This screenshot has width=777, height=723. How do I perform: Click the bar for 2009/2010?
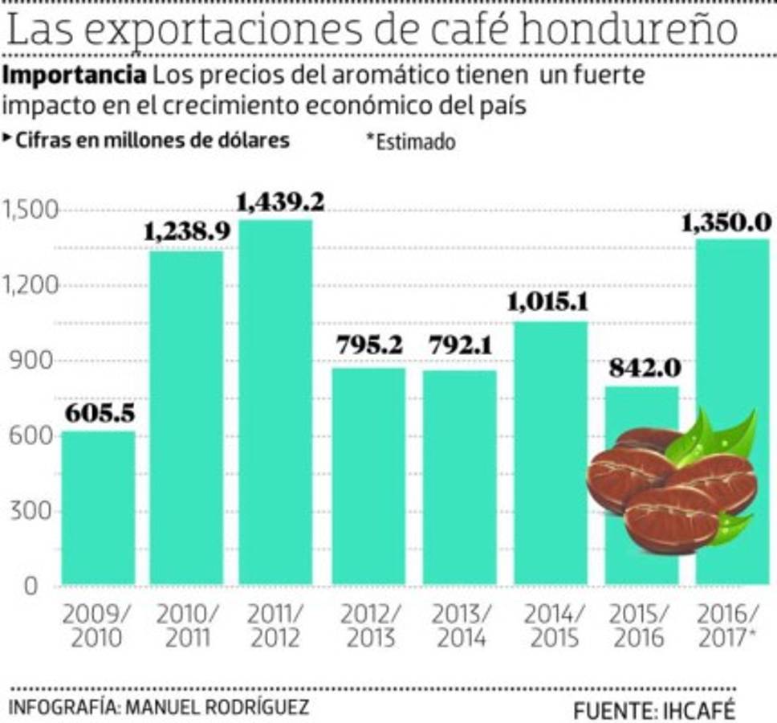pyautogui.click(x=98, y=508)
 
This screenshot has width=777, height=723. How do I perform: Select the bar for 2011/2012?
pyautogui.click(x=275, y=402)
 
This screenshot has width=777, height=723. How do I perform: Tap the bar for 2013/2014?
pyautogui.click(x=460, y=477)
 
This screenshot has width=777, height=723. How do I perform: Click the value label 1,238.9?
pyautogui.click(x=187, y=232)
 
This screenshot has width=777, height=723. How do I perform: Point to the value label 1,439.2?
pyautogui.click(x=280, y=202)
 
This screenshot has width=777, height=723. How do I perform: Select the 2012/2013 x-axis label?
pyautogui.click(x=368, y=626)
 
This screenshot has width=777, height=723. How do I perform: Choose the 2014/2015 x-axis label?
pyautogui.click(x=550, y=626)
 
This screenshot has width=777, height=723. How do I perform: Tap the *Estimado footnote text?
pyautogui.click(x=410, y=141)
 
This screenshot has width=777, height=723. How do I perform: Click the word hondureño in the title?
pyautogui.click(x=628, y=30)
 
